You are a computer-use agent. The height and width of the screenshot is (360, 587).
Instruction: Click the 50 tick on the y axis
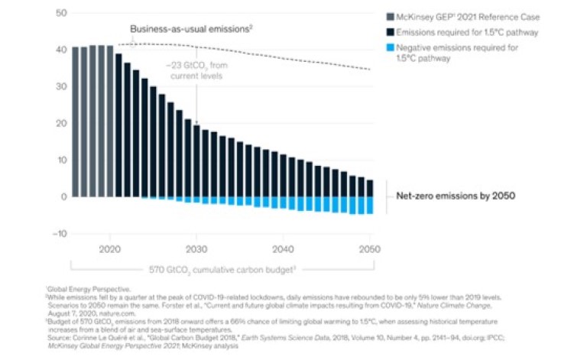coord(61,13)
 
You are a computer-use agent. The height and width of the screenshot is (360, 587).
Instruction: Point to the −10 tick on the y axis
coord(60,233)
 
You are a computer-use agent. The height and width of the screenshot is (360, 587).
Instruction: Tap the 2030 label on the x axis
coord(196,249)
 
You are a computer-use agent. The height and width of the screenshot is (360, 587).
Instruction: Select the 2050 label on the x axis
coord(370,249)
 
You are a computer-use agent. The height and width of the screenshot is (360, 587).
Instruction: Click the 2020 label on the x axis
coord(110,249)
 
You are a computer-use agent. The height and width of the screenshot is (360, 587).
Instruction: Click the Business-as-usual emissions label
coord(190,29)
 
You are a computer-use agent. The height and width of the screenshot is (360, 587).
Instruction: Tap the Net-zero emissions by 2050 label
coord(455,196)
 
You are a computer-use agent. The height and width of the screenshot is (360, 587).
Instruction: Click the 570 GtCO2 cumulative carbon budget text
coord(222,268)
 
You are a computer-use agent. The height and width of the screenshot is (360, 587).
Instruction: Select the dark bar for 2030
coord(196,161)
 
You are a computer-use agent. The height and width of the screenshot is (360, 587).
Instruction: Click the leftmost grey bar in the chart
coord(75,122)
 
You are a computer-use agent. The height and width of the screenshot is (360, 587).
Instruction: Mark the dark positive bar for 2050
coord(370,188)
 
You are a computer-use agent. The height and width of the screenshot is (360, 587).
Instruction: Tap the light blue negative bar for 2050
coord(370,205)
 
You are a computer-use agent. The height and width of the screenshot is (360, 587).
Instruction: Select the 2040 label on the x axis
coord(284,249)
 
